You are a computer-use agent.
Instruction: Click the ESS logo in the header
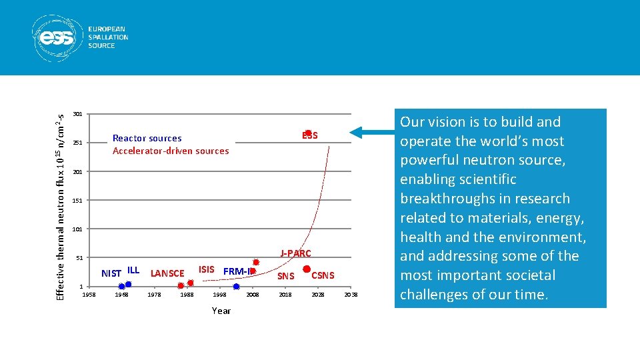[81, 37]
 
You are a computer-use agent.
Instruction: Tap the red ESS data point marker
[308, 133]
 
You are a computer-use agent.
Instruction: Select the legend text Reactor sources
[147, 139]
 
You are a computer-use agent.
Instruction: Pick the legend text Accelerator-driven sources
[170, 151]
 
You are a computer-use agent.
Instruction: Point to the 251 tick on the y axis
[77, 143]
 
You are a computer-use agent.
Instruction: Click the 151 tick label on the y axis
[77, 201]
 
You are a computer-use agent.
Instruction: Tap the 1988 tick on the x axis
[187, 295]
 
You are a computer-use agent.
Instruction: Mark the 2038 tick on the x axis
[351, 295]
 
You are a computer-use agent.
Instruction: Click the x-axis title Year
[221, 311]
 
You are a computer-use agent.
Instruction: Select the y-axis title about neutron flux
[60, 197]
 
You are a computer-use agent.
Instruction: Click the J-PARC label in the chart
[295, 253]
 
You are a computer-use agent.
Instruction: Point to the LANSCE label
[167, 273]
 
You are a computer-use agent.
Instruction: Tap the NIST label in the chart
[111, 273]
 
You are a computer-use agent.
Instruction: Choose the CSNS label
[323, 275]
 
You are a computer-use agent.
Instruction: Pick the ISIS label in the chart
[207, 270]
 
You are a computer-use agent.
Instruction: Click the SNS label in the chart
[285, 276]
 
